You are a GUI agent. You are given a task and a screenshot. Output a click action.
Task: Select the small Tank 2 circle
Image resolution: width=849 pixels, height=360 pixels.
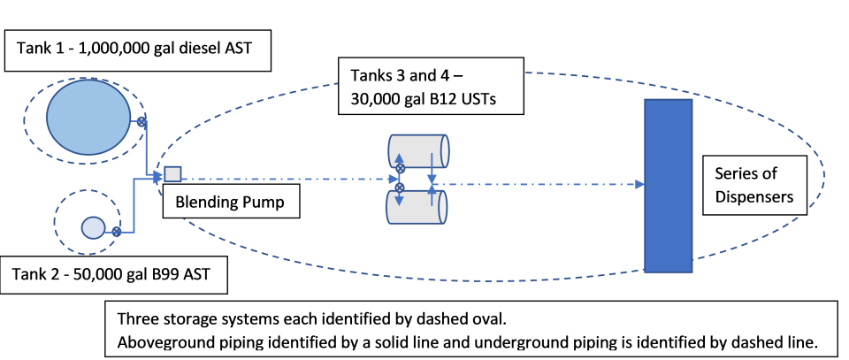93,227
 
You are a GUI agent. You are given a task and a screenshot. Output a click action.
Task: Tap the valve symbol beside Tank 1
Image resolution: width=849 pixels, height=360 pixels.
140,121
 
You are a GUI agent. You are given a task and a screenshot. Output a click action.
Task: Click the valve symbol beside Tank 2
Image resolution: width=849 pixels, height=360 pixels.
116,232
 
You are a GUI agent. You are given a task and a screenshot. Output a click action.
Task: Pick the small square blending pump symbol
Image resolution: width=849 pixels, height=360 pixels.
173,173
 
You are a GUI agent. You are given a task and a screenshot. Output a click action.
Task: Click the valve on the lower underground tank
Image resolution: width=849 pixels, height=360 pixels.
400,188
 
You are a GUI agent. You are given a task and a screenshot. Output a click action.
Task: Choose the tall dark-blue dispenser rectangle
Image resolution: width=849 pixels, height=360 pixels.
668,184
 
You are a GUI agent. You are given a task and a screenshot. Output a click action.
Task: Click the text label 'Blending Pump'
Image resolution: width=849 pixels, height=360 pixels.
230,203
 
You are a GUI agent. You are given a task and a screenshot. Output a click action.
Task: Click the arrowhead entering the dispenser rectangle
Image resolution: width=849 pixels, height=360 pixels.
639,185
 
